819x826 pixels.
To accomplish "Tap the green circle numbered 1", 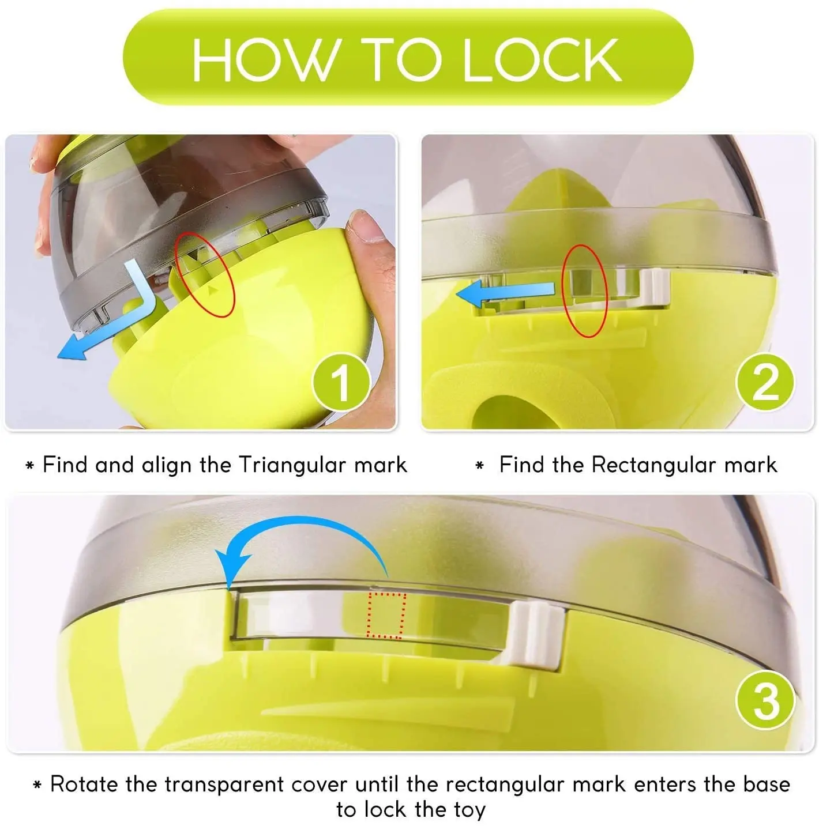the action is tap(341, 382).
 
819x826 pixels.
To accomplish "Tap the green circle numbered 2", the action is tap(765, 382).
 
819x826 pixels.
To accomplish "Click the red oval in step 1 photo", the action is tap(205, 274).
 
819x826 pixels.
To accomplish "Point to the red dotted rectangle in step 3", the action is tap(386, 616).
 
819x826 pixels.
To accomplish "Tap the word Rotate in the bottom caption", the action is tap(84, 784).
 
